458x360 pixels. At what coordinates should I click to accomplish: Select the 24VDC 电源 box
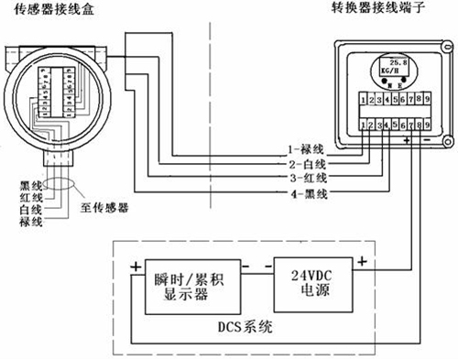coord(313,279)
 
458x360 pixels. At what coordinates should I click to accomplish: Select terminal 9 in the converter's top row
coord(426,96)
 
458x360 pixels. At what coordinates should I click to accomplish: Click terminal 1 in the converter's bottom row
coord(365,123)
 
